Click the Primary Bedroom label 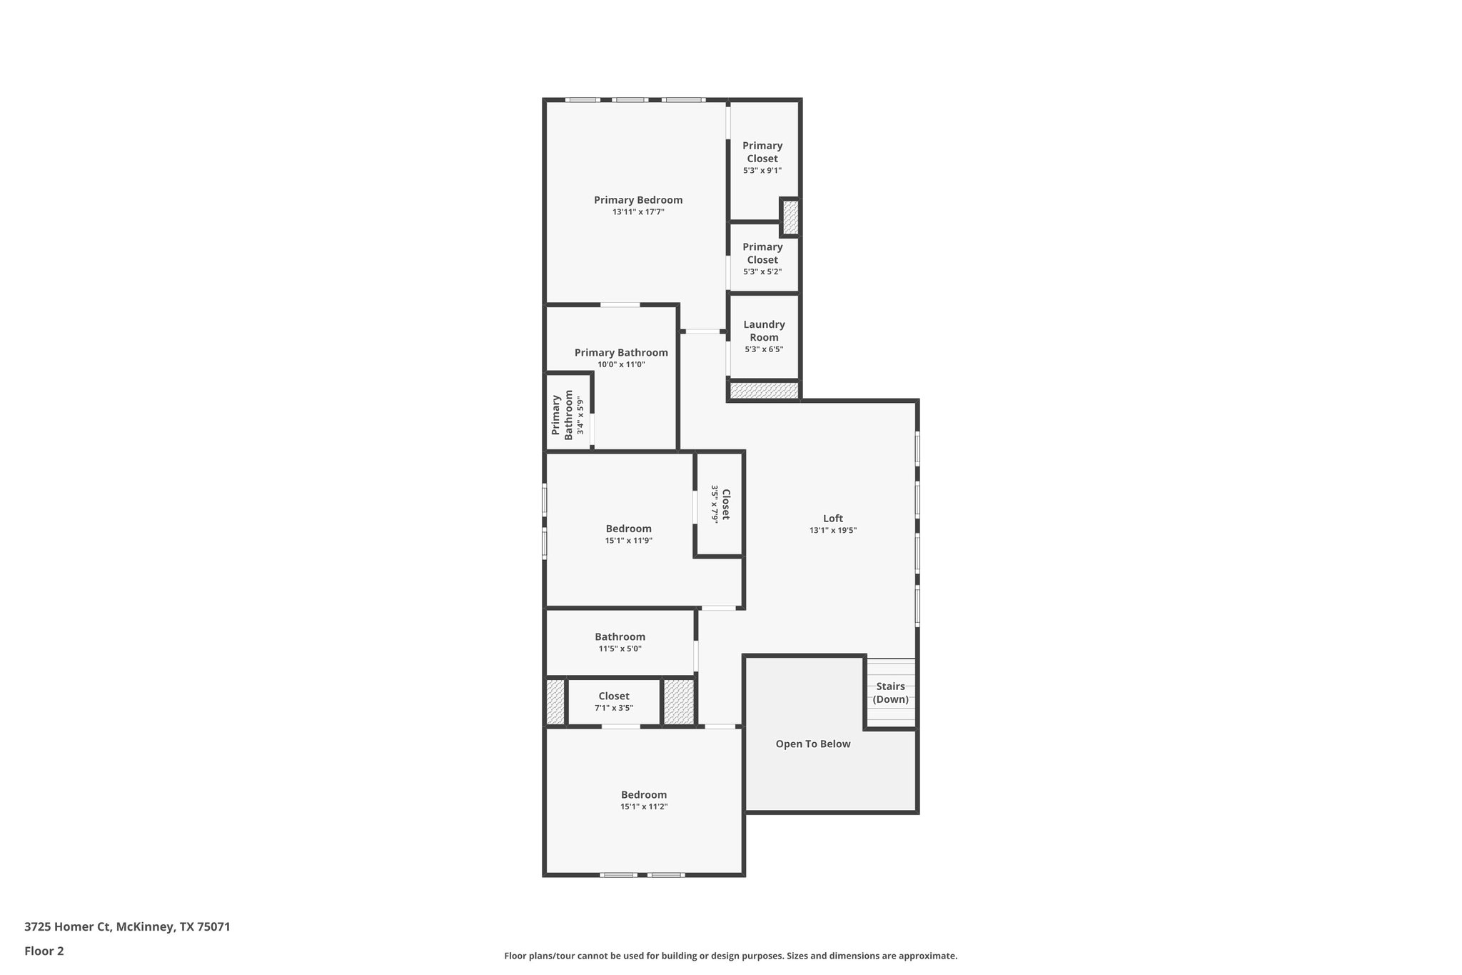(638, 200)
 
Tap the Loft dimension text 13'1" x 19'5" (833, 531)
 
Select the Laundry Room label (764, 331)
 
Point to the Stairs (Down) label (891, 693)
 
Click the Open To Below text (813, 744)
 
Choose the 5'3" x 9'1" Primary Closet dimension (762, 171)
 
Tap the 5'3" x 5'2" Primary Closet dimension (762, 272)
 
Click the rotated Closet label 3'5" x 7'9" (720, 504)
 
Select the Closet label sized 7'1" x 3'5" (614, 696)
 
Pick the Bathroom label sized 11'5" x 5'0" (620, 636)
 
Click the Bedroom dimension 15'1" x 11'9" (628, 541)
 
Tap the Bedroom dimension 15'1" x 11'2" (644, 806)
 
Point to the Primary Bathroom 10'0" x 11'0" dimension (621, 364)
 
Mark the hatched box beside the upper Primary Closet (790, 217)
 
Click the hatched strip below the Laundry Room (764, 391)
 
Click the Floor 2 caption (44, 951)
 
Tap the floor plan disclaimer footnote (730, 956)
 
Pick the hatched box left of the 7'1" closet (555, 702)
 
